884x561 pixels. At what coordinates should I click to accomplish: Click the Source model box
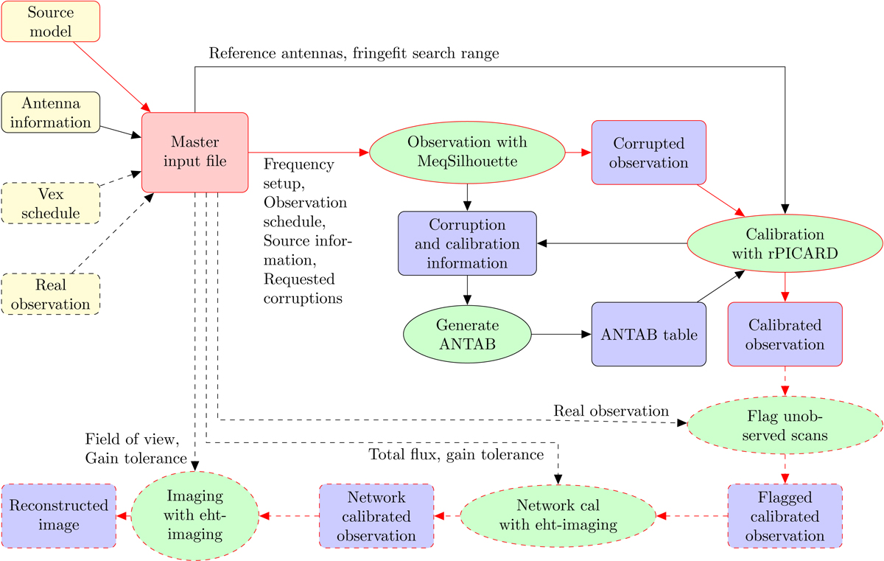[51, 21]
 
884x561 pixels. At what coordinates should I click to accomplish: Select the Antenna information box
[51, 113]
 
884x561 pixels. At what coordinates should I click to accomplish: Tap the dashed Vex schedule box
[51, 203]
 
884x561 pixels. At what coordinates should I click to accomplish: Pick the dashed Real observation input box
[51, 293]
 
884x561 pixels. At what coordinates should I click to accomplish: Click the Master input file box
[194, 152]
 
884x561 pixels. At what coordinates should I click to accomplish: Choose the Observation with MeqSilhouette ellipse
[467, 152]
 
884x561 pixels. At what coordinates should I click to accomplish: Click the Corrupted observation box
[648, 152]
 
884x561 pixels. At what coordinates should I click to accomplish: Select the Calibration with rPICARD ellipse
[785, 244]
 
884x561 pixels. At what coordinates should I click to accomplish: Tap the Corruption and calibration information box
[467, 243]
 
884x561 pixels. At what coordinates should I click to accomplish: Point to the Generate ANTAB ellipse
[467, 335]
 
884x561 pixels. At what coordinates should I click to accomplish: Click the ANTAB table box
[648, 335]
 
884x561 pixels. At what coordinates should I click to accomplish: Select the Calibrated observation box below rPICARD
[785, 334]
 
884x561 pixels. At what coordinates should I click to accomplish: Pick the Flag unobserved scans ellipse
[785, 425]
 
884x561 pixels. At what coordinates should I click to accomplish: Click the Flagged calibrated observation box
[785, 515]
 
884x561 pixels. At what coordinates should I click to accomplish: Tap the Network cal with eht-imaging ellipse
[558, 515]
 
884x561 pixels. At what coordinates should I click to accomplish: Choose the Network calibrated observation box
[376, 515]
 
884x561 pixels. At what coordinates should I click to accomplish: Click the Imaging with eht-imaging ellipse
[194, 515]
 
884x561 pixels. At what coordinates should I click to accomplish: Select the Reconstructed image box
[58, 515]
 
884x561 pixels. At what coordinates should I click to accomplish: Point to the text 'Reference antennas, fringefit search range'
[355, 53]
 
